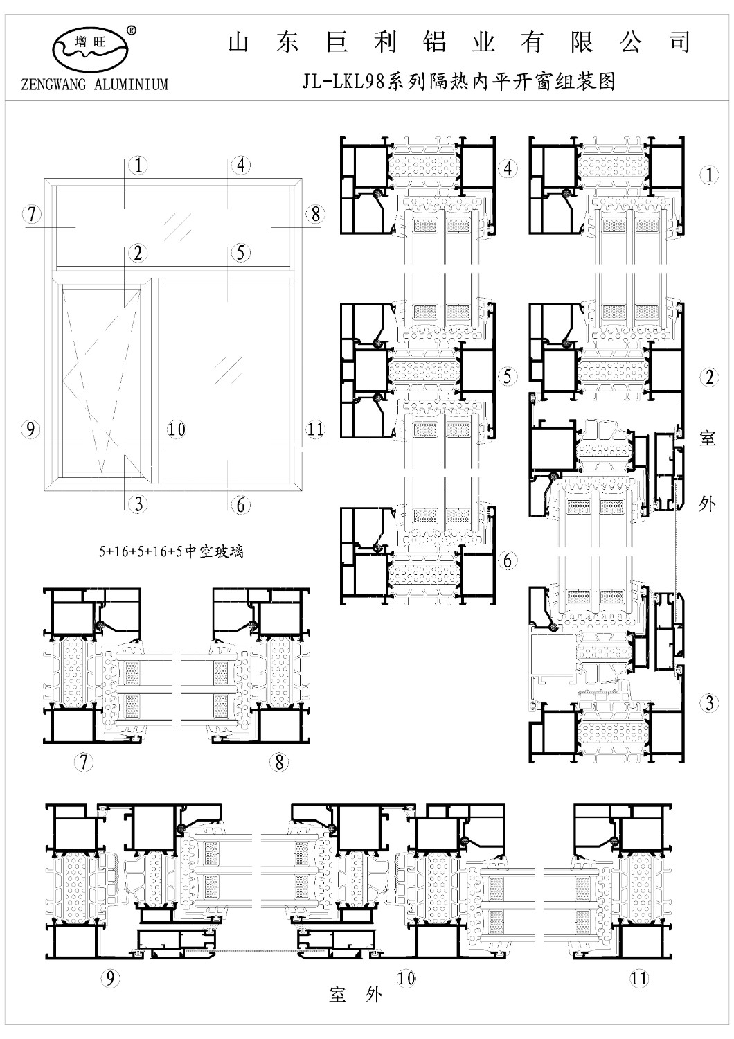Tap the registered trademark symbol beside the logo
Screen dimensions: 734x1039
[132, 31]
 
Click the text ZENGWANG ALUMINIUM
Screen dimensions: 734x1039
[95, 84]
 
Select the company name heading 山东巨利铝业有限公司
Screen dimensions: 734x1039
[458, 43]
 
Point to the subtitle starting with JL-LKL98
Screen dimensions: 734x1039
[458, 82]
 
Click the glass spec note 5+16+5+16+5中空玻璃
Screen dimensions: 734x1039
[171, 551]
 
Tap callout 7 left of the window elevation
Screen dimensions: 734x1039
[32, 214]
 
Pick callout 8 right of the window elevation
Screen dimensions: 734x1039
[315, 214]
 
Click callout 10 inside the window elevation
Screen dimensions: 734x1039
[176, 429]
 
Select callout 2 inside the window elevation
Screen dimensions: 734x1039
[138, 254]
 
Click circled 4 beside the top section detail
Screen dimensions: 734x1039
[508, 168]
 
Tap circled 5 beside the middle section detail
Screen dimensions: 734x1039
[508, 376]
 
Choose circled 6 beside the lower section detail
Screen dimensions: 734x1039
[508, 561]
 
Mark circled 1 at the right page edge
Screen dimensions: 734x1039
[709, 175]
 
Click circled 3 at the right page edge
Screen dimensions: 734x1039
[709, 703]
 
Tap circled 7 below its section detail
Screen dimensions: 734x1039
[84, 762]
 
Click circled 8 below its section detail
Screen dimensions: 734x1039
[279, 762]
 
